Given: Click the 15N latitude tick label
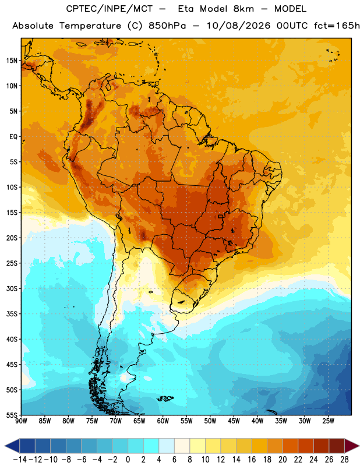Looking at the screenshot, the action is pos(12,61).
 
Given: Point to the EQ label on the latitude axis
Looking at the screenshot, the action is pos(13,137).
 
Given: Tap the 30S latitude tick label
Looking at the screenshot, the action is pos(12,288).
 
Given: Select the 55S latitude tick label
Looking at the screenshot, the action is pos(12,415).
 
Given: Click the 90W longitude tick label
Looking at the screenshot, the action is pos(21,421).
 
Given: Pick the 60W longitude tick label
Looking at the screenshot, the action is pos(163,421).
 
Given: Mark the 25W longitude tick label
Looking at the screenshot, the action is pos(328,421).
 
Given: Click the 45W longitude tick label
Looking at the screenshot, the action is pos(234,421).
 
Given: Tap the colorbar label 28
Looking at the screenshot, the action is pos(344,460).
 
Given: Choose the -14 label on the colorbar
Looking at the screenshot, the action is pos(20,460).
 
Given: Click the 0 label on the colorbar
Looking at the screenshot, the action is pos(128,460).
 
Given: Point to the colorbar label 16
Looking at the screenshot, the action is pos(252,460).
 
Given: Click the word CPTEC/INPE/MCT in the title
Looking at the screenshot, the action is pos(110,9).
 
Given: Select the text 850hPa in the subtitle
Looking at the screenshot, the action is pos(167,26).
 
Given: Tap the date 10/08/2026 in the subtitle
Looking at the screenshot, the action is pos(238,26).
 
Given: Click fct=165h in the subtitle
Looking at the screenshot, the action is pos(337,26).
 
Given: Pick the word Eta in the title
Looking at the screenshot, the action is pos(186,9).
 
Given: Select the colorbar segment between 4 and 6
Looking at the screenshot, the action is pos(167,446).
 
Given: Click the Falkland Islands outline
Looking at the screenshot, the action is pos(165,398).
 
